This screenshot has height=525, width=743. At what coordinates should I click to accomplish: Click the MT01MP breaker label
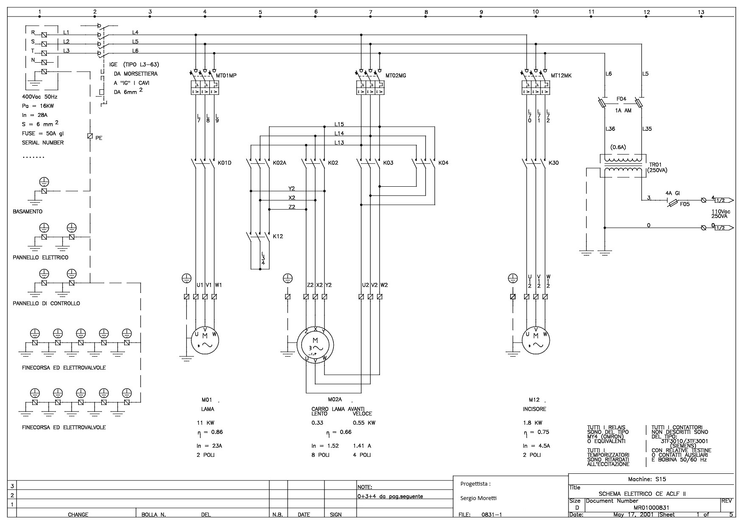[226, 76]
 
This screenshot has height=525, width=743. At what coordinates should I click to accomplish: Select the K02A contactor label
[280, 163]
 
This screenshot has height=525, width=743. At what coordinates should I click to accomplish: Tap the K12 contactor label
[278, 236]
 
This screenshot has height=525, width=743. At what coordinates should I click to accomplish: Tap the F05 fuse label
[685, 204]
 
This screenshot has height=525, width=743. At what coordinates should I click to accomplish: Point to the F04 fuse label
[621, 99]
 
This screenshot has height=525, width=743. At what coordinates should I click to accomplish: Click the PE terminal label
[99, 138]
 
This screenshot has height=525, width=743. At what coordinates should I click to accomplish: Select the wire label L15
[339, 124]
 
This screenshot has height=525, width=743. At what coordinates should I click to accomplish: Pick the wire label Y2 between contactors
[291, 188]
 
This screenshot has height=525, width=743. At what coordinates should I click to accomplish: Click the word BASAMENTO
[28, 211]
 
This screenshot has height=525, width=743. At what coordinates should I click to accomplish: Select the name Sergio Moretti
[478, 498]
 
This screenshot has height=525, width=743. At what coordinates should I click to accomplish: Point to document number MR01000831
[651, 508]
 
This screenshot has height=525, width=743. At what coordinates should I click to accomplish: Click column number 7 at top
[371, 12]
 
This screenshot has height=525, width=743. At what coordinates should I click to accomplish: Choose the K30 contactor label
[553, 163]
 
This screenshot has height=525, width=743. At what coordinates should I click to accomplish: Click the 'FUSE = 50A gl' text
[43, 133]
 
